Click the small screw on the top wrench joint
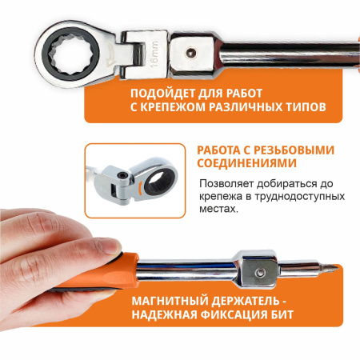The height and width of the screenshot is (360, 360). (190, 52)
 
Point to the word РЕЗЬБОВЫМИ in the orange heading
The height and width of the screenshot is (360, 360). (294, 150)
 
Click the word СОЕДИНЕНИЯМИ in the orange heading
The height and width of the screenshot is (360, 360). (247, 163)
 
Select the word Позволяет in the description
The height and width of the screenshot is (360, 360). (226, 184)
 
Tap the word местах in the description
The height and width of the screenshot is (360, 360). (218, 209)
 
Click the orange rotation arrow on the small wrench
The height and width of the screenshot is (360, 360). (139, 188)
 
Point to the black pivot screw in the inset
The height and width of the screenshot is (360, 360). (122, 175)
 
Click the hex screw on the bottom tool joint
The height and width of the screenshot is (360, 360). (258, 273)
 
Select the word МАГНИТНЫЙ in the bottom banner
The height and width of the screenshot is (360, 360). (170, 301)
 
